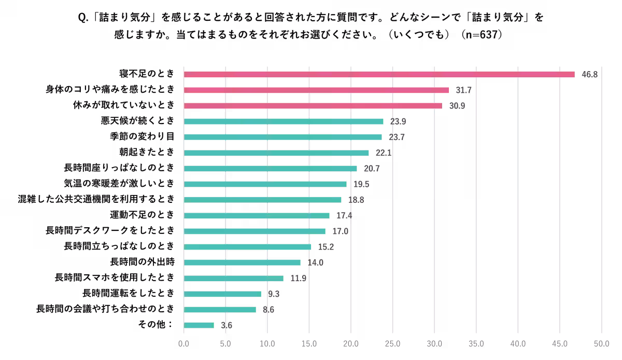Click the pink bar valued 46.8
tap(379, 75)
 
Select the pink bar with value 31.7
tap(316, 90)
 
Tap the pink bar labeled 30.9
tap(313, 106)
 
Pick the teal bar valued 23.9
tap(284, 121)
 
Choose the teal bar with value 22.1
tap(276, 153)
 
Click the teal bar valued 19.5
tap(265, 184)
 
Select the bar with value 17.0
tap(255, 231)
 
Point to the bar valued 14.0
tap(242, 262)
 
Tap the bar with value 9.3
tap(222, 294)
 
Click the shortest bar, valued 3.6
tap(199, 325)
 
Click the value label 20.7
tap(372, 169)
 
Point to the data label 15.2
tap(326, 247)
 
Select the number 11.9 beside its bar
tap(298, 279)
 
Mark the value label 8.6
tap(268, 310)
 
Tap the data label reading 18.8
tap(356, 200)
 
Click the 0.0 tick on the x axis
tap(183, 343)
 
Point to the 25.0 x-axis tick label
tap(392, 343)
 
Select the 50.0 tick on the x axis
tap(601, 343)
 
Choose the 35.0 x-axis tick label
tap(476, 343)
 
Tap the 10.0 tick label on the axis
tap(267, 343)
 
